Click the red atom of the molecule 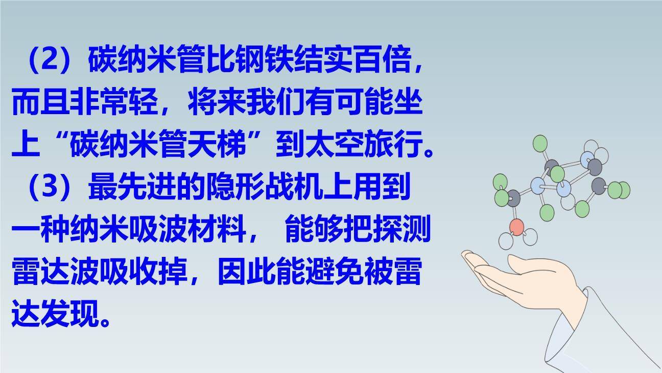pos(517,227)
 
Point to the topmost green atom pos(540,143)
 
